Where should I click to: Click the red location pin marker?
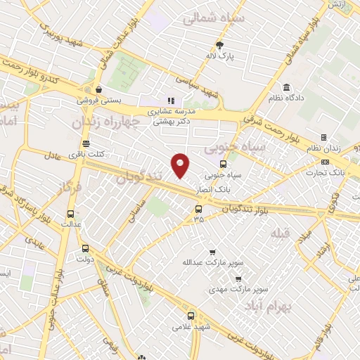[x=181, y=165]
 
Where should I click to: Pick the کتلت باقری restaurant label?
[x=89, y=153]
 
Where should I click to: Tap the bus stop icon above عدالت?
[x=70, y=214]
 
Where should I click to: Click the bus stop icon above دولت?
[x=85, y=248]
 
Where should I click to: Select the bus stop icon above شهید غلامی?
[x=191, y=316]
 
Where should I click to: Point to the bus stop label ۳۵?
[x=198, y=219]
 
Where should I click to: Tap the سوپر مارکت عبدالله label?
[x=220, y=262]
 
